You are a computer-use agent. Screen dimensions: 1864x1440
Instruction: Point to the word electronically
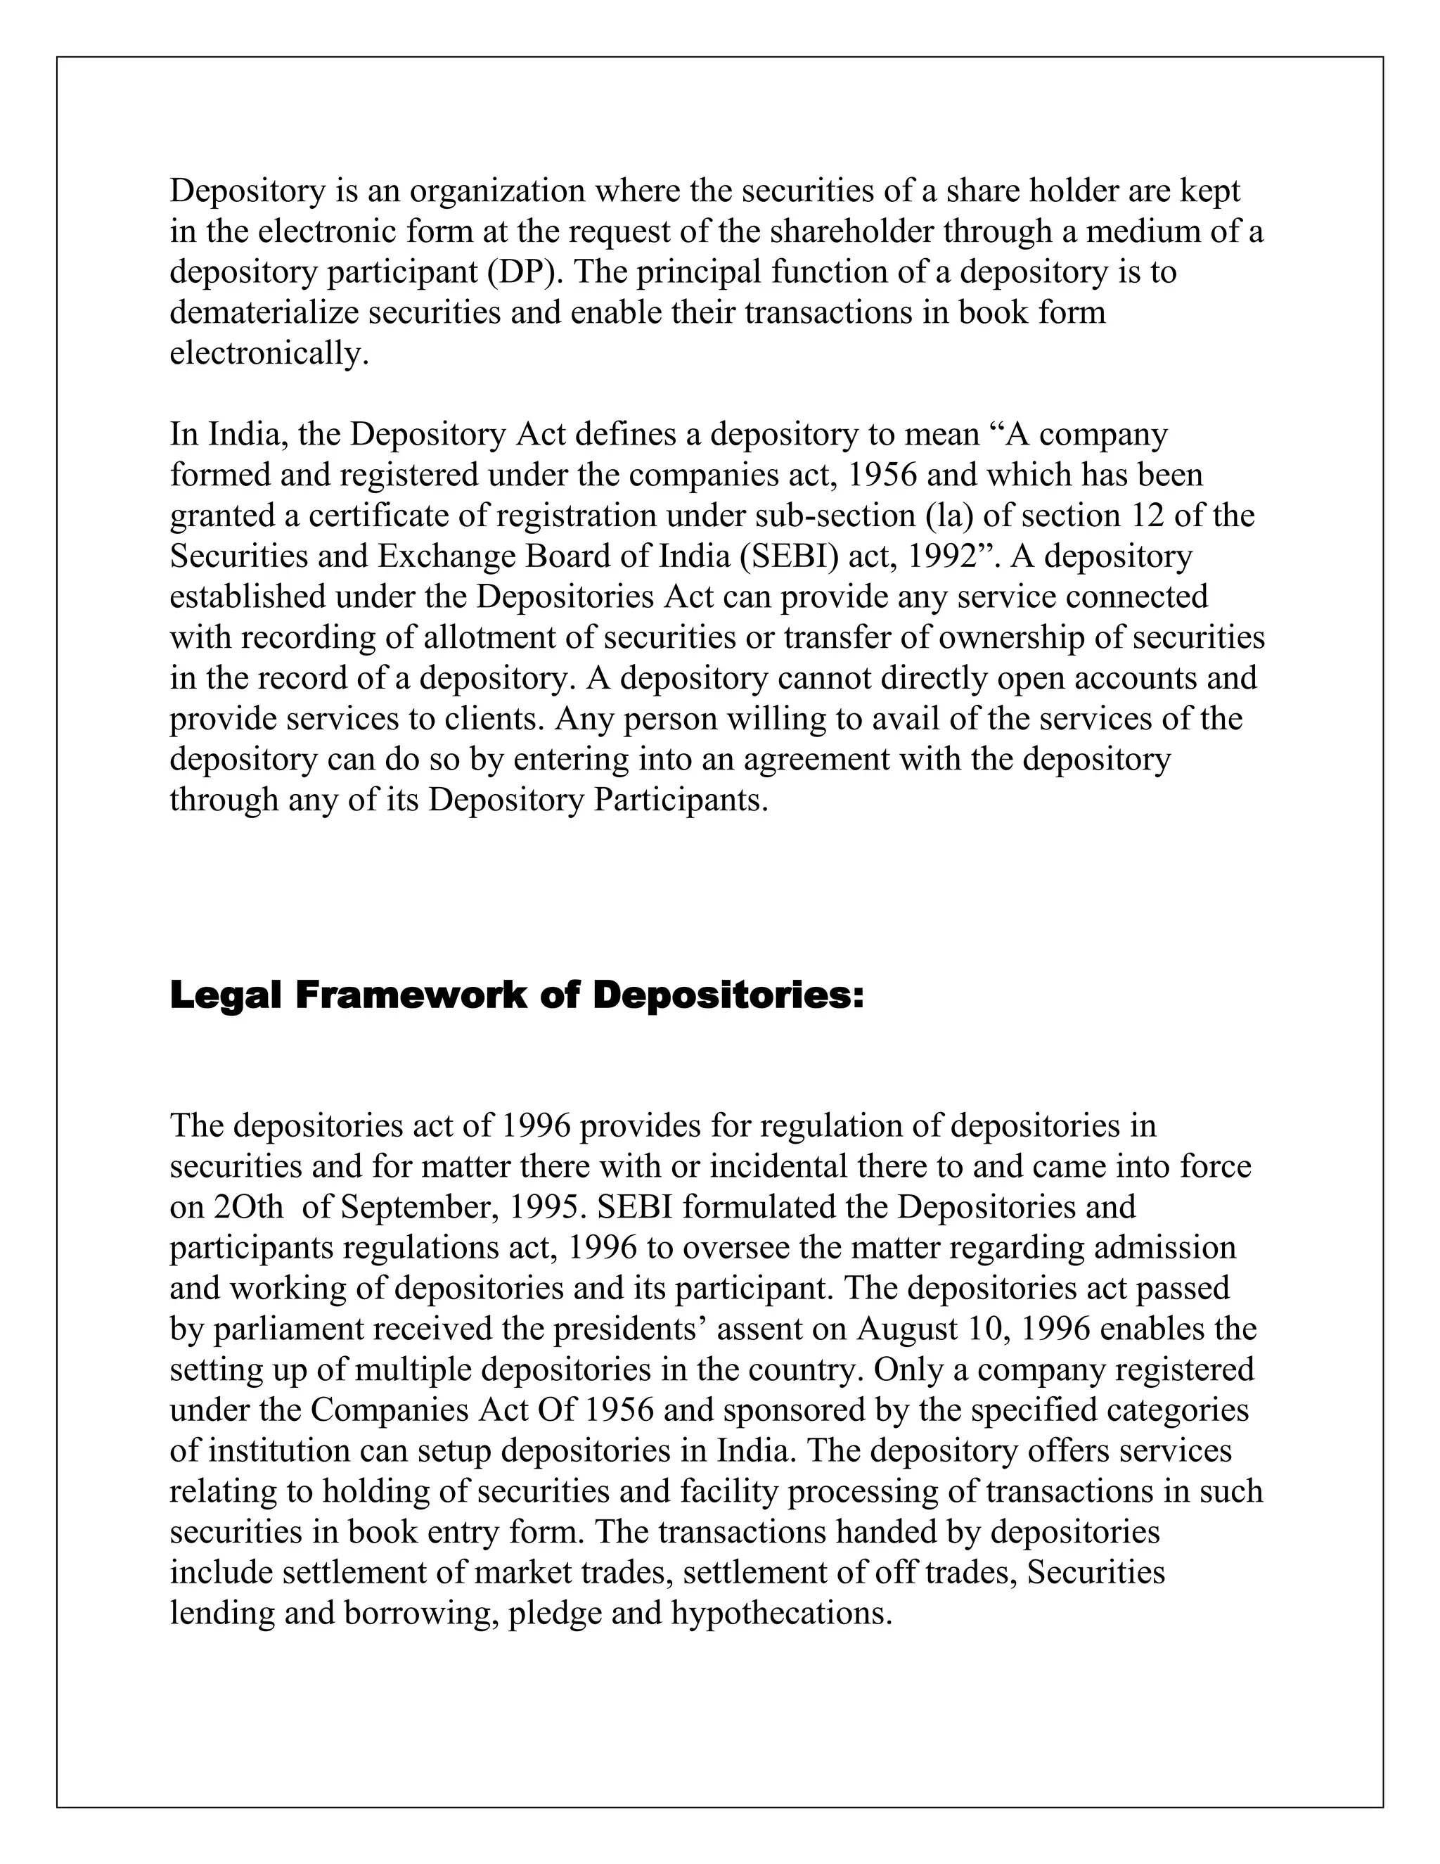[269, 353]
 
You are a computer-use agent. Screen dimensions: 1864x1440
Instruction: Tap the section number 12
[1149, 516]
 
